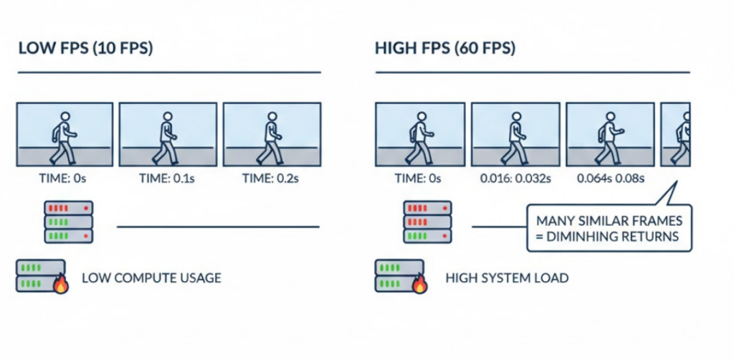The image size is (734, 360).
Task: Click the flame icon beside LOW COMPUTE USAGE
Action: click(x=60, y=288)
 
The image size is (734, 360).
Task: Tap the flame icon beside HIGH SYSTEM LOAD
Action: click(x=419, y=288)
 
